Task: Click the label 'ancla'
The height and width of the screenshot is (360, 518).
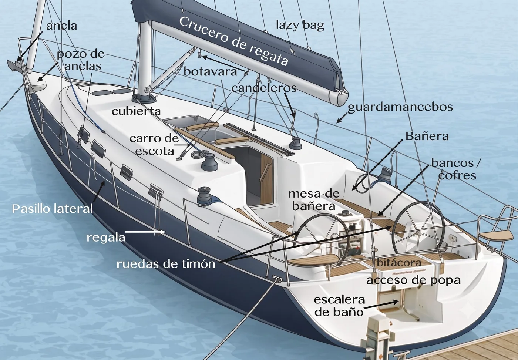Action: tap(61, 26)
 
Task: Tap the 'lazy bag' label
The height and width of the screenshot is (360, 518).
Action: tap(300, 26)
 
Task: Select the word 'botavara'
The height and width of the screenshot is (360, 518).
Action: tap(211, 72)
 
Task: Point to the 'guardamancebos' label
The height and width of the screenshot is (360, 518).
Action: tap(400, 107)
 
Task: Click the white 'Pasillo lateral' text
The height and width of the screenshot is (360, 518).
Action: tap(53, 209)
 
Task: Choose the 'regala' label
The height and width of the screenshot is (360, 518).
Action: tap(106, 238)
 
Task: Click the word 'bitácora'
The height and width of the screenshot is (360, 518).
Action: tap(399, 263)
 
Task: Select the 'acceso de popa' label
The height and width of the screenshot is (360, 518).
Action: tap(414, 280)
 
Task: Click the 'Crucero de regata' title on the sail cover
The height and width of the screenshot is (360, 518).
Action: tap(233, 41)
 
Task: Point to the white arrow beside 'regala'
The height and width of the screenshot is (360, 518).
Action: tap(145, 232)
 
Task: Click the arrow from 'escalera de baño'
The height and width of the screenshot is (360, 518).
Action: tap(381, 305)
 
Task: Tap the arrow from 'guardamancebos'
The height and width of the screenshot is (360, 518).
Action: tap(342, 118)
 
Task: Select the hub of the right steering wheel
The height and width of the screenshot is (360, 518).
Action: tap(418, 232)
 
